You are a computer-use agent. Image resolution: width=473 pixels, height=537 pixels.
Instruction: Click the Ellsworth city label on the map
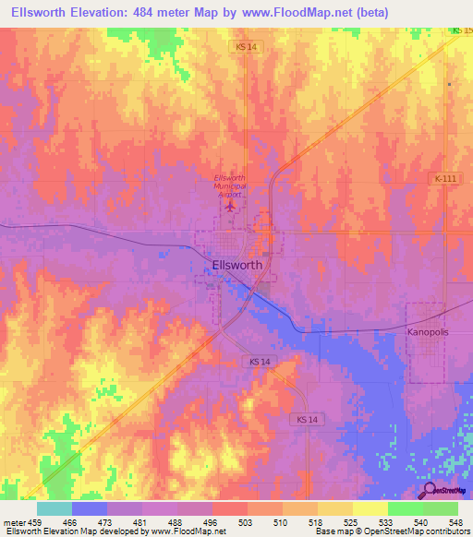coord(237,264)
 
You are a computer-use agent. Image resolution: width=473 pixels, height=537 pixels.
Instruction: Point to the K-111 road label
coord(444,178)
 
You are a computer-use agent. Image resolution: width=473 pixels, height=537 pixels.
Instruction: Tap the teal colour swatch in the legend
coord(54,508)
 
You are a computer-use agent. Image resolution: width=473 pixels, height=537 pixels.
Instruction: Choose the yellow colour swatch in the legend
coord(370,508)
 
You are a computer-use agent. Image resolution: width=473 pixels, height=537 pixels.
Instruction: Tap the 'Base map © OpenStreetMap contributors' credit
coord(392,531)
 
